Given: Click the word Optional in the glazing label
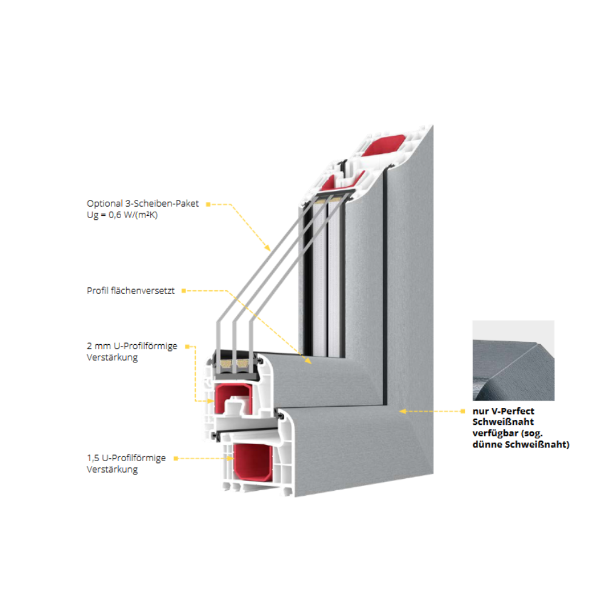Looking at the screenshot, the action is pos(104,204).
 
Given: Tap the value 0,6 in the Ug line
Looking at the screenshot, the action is pos(115,215).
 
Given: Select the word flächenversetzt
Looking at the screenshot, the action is pos(142,291).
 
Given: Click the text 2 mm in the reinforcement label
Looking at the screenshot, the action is pos(99,346).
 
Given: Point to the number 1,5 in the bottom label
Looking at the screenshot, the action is pos(93,458).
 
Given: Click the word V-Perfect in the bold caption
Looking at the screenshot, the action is pos(513,411).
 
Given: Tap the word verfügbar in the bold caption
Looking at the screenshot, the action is pos(495,433).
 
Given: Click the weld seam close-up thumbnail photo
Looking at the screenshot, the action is pos(513,360).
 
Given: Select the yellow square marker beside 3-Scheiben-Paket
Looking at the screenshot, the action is pos(208,204).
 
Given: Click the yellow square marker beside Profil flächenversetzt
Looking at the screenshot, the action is pos(184,291).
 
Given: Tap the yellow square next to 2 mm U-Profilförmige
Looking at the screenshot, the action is pos(187,347).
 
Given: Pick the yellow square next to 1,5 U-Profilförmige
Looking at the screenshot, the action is pos(176,458).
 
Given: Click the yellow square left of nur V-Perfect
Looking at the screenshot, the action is pos(462,411).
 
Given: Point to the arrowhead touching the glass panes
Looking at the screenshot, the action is pos(267,248).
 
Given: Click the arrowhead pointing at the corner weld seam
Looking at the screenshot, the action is pos(403,411).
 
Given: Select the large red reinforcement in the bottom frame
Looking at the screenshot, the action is pos(252,462).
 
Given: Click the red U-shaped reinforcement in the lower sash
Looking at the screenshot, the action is pos(233,398).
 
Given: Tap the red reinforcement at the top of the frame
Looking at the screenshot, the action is pos(384,145).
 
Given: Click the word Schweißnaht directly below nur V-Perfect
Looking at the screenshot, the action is pos(503,422).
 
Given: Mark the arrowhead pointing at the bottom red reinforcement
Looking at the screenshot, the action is pos(230,458).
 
